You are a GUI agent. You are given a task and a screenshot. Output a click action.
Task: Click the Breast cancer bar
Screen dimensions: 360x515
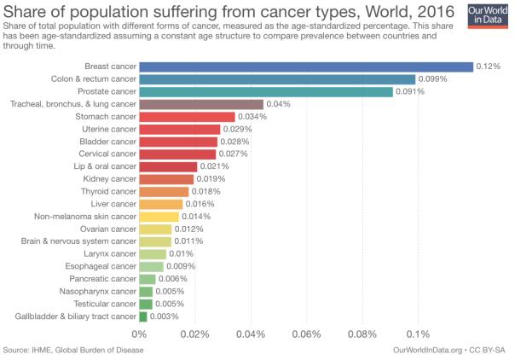306,67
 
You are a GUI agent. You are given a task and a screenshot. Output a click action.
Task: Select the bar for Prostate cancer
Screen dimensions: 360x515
266,91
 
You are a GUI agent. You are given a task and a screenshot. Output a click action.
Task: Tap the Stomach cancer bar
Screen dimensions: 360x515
187,116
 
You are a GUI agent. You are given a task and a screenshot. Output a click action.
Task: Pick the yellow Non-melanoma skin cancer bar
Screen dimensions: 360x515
159,217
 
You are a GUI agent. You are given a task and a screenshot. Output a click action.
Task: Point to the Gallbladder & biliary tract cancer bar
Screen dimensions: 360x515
143,316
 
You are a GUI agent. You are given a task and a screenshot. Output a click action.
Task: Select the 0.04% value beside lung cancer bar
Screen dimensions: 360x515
279,104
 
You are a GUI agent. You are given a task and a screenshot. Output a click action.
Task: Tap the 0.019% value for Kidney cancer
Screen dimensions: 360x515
211,179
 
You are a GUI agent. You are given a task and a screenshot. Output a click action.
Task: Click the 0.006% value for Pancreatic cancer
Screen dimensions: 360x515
171,279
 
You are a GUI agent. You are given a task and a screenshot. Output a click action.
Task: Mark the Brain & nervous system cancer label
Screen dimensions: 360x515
78,241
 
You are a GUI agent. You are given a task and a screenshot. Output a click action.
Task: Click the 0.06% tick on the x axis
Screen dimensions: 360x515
306,334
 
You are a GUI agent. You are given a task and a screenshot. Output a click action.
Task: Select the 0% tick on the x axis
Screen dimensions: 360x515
140,334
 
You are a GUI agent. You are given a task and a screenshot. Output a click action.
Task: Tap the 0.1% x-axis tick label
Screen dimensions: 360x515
418,334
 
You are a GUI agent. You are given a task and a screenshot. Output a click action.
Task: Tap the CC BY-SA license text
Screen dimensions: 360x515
489,351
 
